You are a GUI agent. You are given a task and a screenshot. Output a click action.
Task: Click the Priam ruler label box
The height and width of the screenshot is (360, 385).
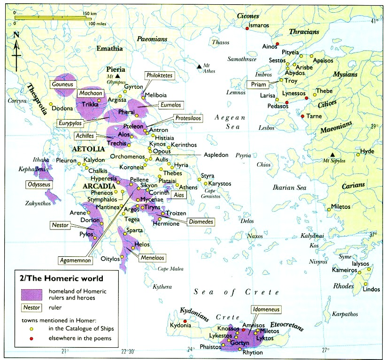click(x=259, y=85)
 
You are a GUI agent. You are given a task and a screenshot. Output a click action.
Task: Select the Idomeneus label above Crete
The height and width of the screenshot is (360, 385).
click(x=254, y=310)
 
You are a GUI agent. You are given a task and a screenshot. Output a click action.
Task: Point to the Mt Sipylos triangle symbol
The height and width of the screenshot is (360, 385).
click(x=332, y=154)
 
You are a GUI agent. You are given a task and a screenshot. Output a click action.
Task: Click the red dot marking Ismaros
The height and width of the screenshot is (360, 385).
click(x=247, y=29)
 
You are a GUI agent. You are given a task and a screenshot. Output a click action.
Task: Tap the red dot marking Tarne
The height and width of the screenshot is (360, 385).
click(x=302, y=116)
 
